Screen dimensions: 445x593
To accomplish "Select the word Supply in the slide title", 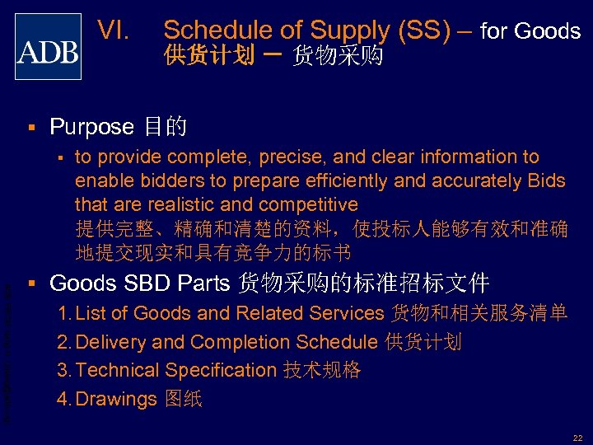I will pyautogui.click(x=348, y=30).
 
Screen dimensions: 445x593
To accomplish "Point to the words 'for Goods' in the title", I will pyautogui.click(x=530, y=31).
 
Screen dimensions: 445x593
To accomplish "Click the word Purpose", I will pyautogui.click(x=91, y=127).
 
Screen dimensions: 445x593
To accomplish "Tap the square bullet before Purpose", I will pyautogui.click(x=30, y=127).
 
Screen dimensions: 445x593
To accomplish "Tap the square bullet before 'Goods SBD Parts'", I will pyautogui.click(x=30, y=283).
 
